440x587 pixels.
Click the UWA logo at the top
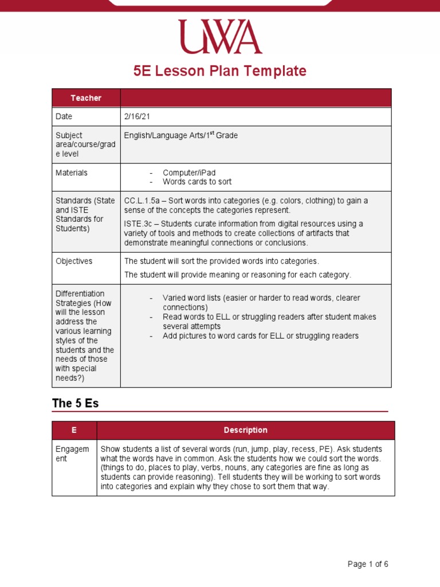coord(219,37)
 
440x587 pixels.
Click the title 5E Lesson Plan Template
coord(220,71)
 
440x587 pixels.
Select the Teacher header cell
coord(86,98)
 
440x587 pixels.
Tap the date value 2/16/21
coord(136,116)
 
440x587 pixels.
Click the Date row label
coord(64,116)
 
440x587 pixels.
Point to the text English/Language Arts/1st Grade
coord(180,136)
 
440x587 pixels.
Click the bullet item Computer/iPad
coord(189,173)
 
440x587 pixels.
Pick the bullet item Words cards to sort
coord(197,182)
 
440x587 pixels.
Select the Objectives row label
coord(74,261)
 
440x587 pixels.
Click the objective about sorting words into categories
coord(221,261)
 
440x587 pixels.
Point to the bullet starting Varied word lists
coord(261,303)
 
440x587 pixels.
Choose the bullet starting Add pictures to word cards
coord(260,335)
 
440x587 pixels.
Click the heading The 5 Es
coord(75,403)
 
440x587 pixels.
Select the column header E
coord(74,430)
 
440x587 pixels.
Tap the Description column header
coord(245,430)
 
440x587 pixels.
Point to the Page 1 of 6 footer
coord(368,564)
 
